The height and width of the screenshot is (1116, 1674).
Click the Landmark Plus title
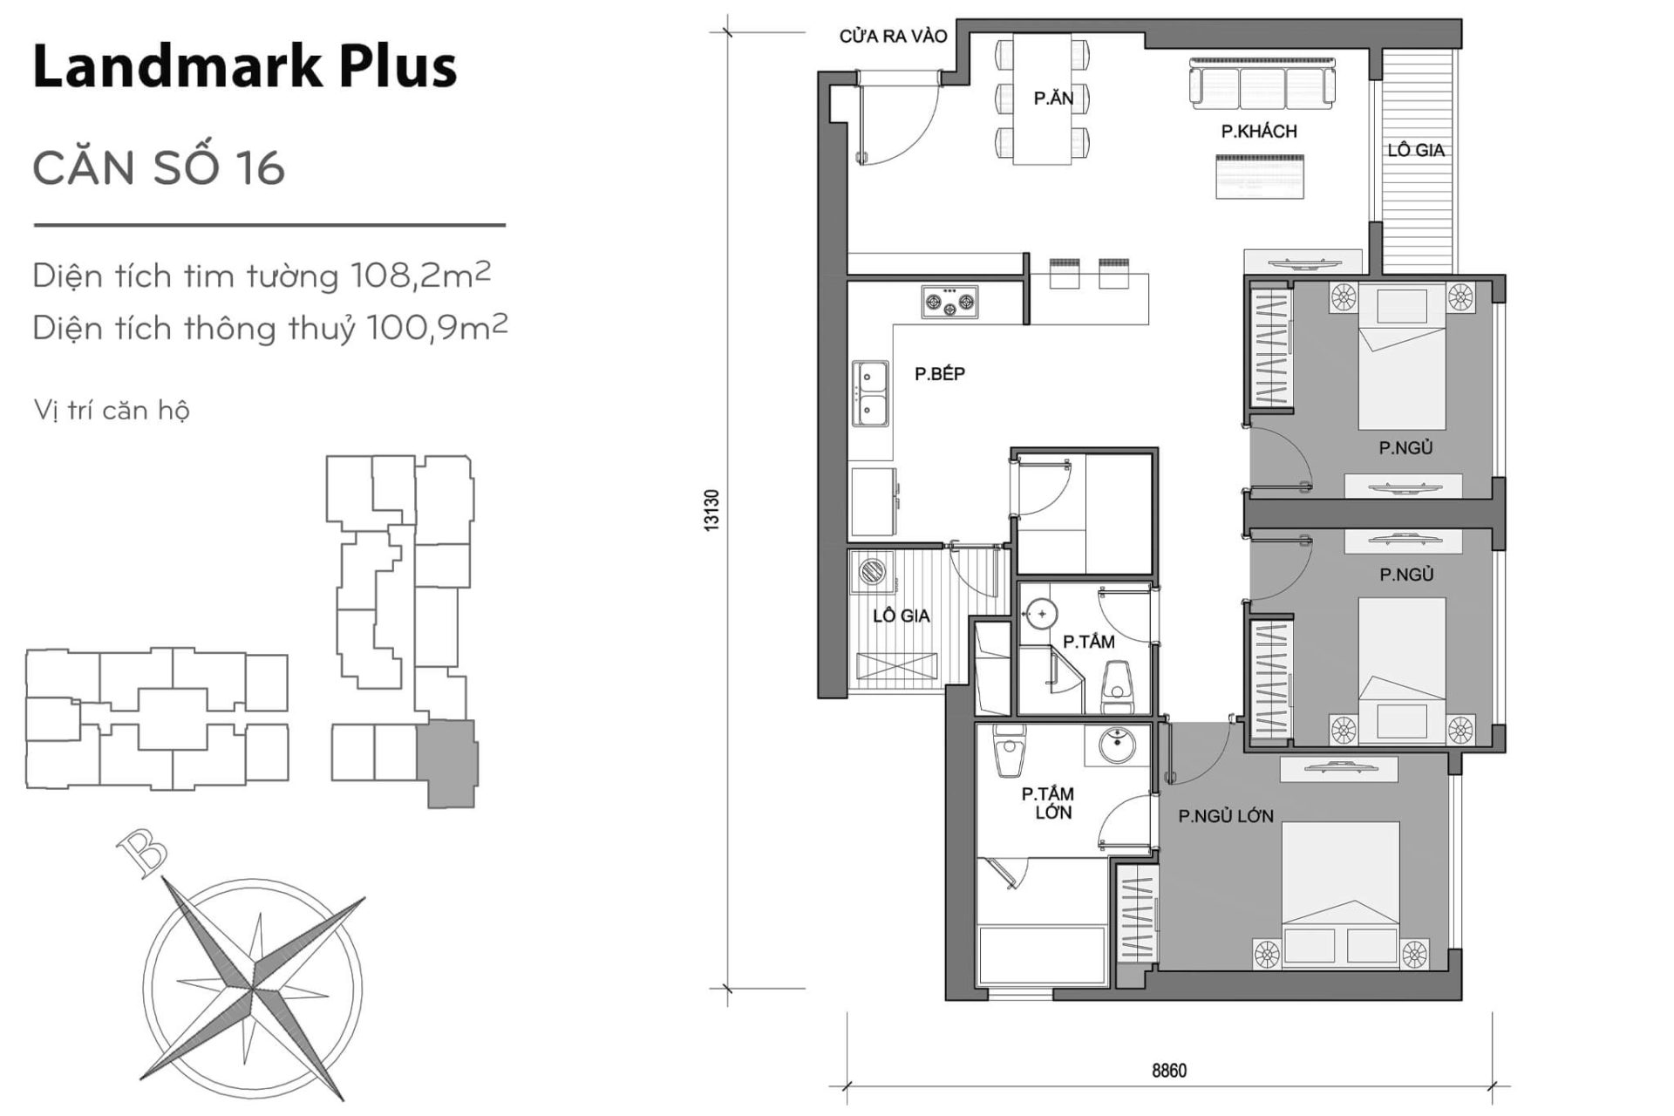[x=244, y=66]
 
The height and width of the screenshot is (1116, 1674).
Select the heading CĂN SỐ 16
[x=159, y=167]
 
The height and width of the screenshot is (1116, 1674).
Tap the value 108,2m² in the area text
[x=420, y=276]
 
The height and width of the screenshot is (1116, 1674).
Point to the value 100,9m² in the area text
[x=437, y=328]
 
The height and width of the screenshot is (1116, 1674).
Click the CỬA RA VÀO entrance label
[x=893, y=37]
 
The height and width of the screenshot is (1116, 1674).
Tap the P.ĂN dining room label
[x=1053, y=99]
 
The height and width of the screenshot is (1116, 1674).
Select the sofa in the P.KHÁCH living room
[x=1262, y=84]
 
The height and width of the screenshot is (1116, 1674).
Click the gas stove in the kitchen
[x=949, y=302]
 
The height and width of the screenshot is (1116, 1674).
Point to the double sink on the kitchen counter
[x=870, y=393]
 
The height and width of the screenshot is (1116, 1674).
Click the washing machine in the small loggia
[x=870, y=573]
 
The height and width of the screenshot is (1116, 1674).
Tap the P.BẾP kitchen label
[x=939, y=374]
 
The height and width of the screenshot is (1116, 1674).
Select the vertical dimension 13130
[x=711, y=510]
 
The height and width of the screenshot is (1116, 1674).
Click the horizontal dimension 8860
[x=1168, y=1070]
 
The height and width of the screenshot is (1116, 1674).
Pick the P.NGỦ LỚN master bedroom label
[x=1225, y=816]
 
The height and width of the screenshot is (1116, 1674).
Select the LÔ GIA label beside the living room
[x=1416, y=150]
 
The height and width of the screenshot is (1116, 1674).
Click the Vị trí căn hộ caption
[x=111, y=410]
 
